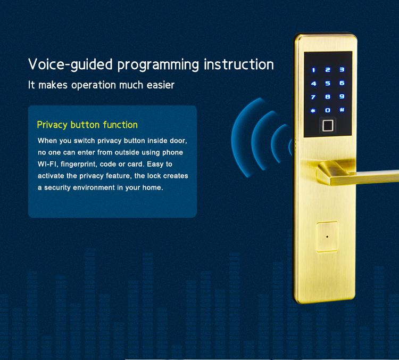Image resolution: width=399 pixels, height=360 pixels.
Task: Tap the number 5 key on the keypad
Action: (328, 83)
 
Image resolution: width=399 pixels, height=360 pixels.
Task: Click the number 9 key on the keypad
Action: (342, 96)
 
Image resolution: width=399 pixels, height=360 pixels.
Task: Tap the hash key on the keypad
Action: (342, 110)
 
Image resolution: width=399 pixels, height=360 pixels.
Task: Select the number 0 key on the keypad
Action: (328, 110)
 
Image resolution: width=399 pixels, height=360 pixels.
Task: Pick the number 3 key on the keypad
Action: (342, 70)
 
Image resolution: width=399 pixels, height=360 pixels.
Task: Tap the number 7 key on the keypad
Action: (313, 97)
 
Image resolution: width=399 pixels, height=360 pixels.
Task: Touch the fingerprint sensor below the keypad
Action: (328, 126)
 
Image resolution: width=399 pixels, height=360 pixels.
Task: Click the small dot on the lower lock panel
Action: (327, 236)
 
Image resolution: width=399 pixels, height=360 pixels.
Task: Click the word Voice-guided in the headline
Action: (70, 64)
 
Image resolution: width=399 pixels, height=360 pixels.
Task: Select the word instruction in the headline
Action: (239, 64)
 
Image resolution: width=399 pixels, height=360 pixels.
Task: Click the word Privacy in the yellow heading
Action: (52, 125)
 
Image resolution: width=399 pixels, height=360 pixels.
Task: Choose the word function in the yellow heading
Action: (120, 125)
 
